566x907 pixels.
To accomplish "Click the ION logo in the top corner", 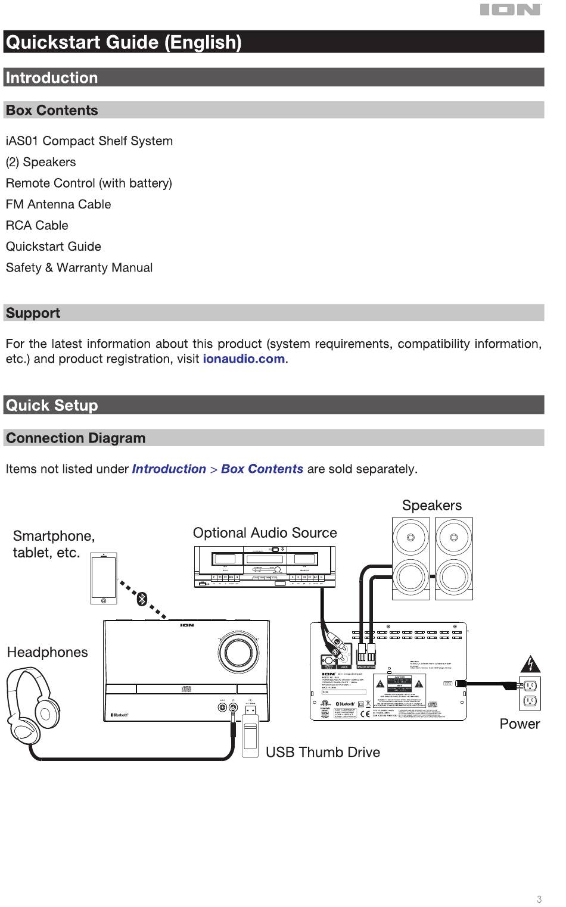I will (x=511, y=10).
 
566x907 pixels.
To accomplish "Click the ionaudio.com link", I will (x=244, y=359).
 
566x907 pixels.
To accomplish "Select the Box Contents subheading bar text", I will (x=52, y=110).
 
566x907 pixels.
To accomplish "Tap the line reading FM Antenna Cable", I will (x=58, y=204).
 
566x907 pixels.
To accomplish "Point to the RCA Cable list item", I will (x=37, y=226).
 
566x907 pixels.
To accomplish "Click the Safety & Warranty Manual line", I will (x=79, y=268).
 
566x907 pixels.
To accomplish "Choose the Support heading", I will (x=33, y=313).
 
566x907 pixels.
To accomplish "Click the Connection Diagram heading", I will (x=76, y=438).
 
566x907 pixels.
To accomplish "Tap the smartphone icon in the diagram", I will (x=104, y=578).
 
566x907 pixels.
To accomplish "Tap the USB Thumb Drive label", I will (x=322, y=752).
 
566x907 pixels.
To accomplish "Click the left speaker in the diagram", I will (x=410, y=559).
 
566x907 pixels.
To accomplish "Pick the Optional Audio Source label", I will (x=265, y=533).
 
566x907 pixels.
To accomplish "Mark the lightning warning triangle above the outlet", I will (x=530, y=663).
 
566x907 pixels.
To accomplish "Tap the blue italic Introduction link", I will (x=169, y=469).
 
